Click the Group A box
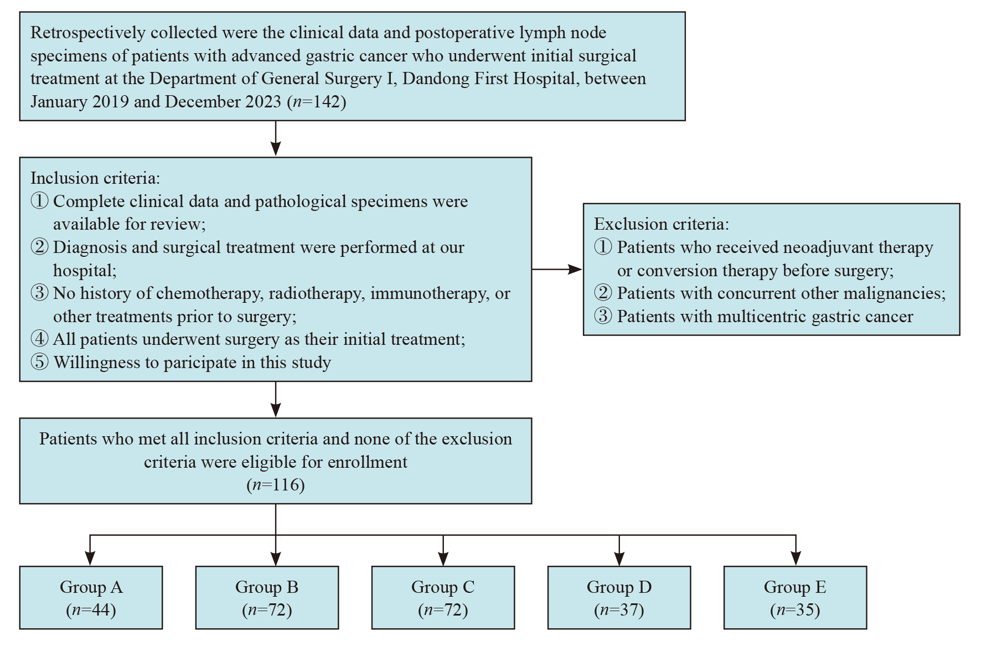[x=91, y=597]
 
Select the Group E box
[x=795, y=597]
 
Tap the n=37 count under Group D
[x=619, y=610]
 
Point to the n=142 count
[x=317, y=102]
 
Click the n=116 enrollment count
[x=276, y=485]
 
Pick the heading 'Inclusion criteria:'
[x=95, y=178]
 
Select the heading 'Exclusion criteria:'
[x=661, y=224]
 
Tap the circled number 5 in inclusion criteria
[x=39, y=362]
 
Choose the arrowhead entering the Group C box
[x=443, y=559]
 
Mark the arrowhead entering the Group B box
[x=276, y=559]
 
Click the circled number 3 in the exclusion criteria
[x=603, y=316]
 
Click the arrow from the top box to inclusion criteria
[x=276, y=139]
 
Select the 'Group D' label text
[x=619, y=587]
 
